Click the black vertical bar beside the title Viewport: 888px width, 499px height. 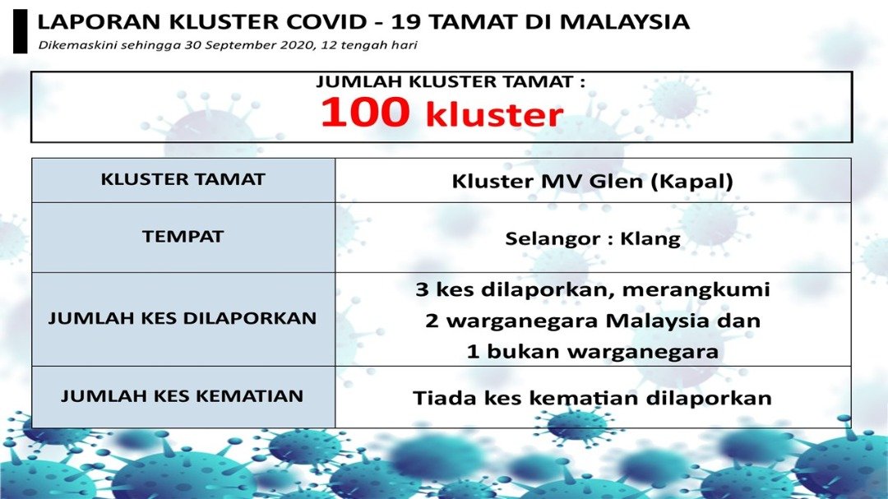(x=20, y=32)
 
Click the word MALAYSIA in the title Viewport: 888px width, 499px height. (x=625, y=22)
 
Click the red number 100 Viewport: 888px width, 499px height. (x=365, y=111)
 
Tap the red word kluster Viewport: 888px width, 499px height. (x=494, y=113)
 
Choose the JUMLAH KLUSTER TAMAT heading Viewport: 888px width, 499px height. (x=451, y=82)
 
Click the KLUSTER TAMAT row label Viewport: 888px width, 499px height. (x=183, y=179)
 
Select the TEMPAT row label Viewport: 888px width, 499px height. (x=183, y=236)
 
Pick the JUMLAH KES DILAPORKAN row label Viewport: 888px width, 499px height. (x=183, y=318)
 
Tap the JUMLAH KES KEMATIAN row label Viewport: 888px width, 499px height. (x=183, y=396)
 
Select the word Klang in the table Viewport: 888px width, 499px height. (x=650, y=238)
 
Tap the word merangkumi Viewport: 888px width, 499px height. (x=696, y=290)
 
